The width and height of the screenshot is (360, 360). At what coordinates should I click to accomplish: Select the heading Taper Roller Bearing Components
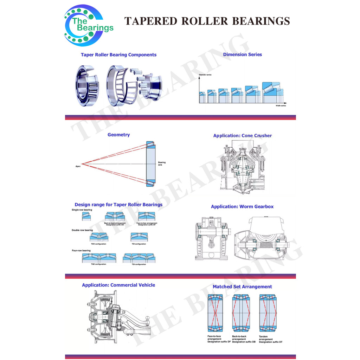118,55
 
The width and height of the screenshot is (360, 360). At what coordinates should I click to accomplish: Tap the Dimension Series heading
242,54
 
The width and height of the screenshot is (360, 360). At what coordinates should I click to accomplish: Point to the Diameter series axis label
205,75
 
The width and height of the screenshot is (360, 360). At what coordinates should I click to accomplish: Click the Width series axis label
281,105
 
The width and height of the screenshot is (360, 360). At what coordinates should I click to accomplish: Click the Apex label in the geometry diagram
78,166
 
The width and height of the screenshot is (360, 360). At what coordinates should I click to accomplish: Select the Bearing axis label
162,163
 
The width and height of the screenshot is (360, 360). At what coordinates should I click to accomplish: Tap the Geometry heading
118,135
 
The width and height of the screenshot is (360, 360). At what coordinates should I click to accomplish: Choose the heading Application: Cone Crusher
242,136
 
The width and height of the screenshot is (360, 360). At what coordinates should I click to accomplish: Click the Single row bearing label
82,210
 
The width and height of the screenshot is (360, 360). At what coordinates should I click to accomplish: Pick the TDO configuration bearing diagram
99,237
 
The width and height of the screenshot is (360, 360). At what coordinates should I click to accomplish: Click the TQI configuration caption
139,264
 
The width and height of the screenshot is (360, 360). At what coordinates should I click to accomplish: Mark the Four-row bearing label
81,251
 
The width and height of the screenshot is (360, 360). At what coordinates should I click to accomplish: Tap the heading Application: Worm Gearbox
242,207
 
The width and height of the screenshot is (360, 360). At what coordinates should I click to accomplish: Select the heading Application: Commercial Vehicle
118,285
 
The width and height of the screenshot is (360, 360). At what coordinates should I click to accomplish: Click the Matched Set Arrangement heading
242,287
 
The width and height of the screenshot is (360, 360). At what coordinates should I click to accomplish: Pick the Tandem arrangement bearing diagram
268,313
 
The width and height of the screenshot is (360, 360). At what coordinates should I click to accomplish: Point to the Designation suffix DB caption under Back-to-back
244,342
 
